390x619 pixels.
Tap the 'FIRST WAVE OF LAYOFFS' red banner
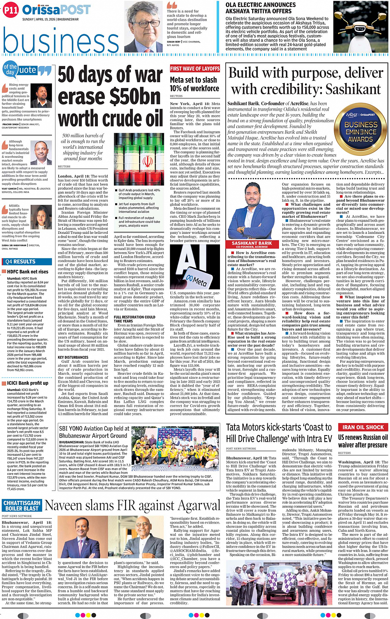[x=195, y=69]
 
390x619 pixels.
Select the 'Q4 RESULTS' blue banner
[x=21, y=262]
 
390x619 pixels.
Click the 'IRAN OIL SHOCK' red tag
[x=363, y=427]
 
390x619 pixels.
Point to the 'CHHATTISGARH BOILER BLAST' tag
[x=22, y=506]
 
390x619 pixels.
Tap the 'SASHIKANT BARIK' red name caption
[x=252, y=244]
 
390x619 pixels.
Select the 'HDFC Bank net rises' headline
[x=28, y=272]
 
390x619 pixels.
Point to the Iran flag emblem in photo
[x=147, y=161]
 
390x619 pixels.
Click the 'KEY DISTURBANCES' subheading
[x=73, y=357]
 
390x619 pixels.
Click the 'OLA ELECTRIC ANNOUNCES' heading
[x=260, y=5]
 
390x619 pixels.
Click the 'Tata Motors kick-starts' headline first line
[x=279, y=427]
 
